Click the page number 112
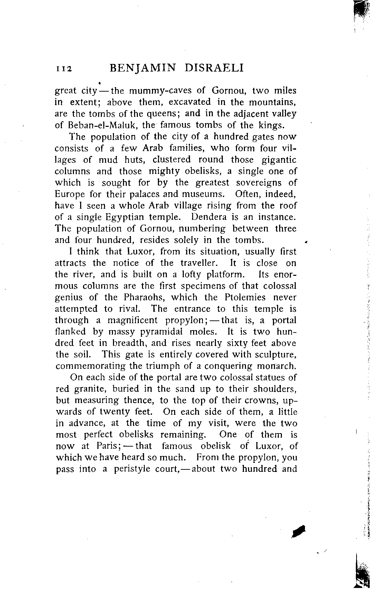[x=63, y=68]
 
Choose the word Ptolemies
[x=245, y=297]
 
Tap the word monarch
[x=276, y=366]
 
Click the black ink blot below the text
[x=299, y=531]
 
